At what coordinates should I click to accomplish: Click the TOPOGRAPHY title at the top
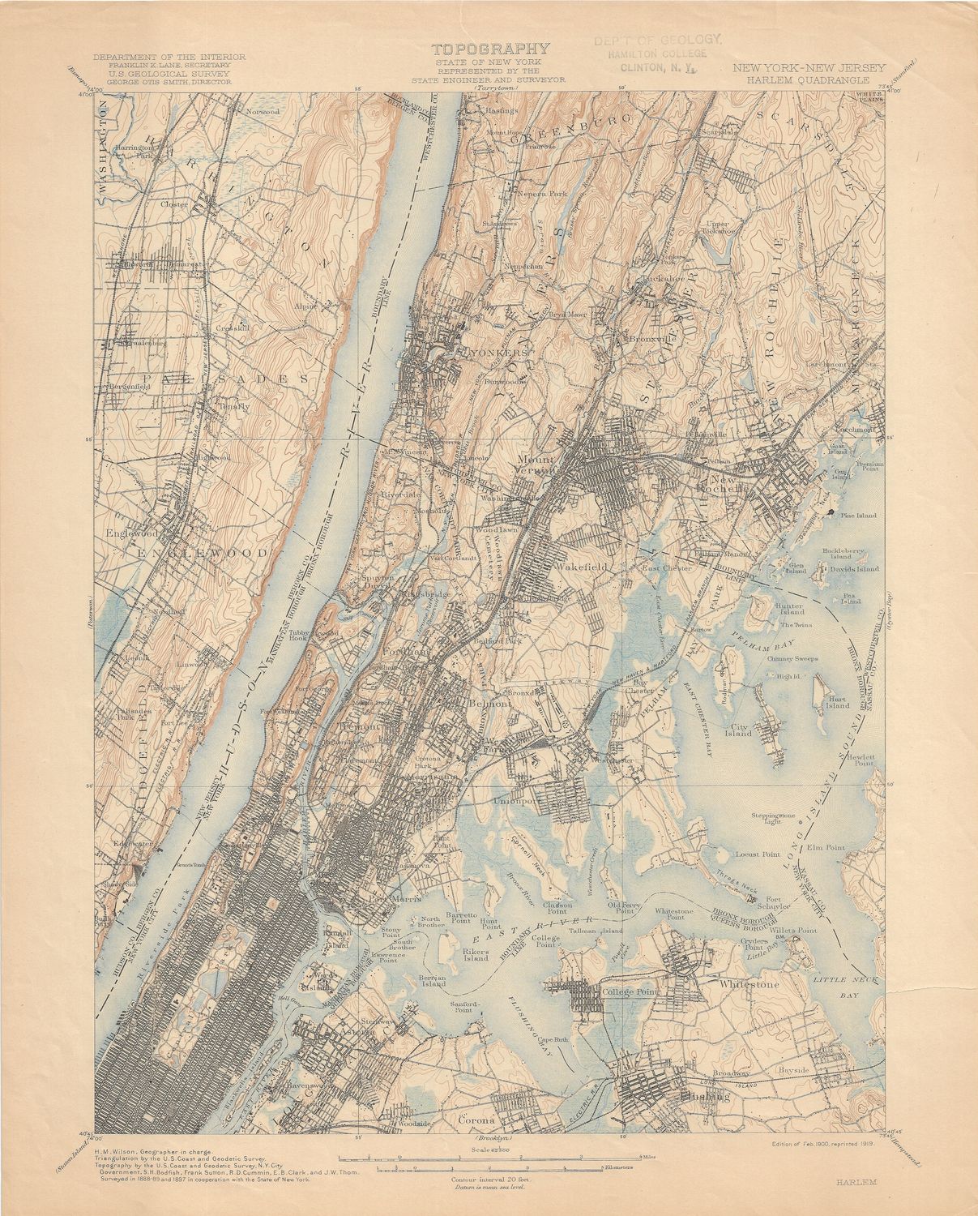[x=490, y=49]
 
